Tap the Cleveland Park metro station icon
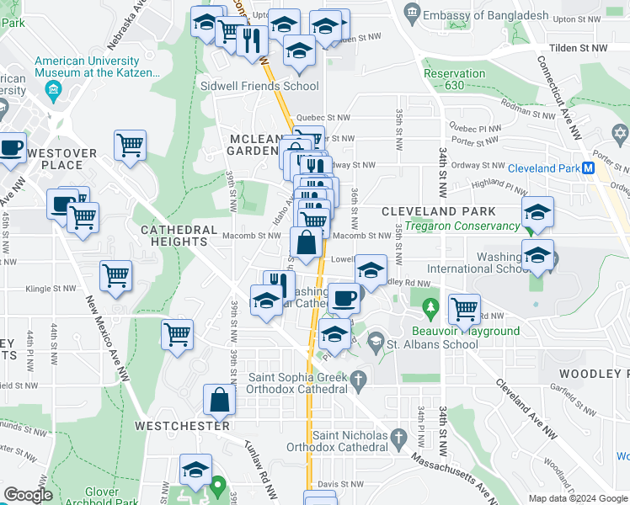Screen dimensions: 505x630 pos(590,167)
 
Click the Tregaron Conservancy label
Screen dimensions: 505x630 pos(462,226)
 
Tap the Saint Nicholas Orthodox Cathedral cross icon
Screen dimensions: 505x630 pos(398,437)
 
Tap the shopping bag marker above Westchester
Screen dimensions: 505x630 pos(219,401)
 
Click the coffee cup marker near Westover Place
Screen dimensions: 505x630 pos(12,148)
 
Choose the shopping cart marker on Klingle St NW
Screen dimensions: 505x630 pos(115,275)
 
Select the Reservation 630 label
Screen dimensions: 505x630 pos(454,79)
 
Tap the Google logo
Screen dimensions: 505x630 pos(29,495)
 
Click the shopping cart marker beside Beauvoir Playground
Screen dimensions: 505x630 pos(464,309)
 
